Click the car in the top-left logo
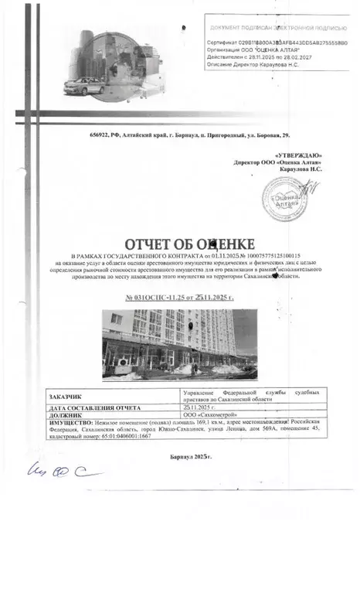pos(84,83)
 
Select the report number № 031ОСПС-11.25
pos(178,297)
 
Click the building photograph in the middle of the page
pos(180,344)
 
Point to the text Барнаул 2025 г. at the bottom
pos(191,458)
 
